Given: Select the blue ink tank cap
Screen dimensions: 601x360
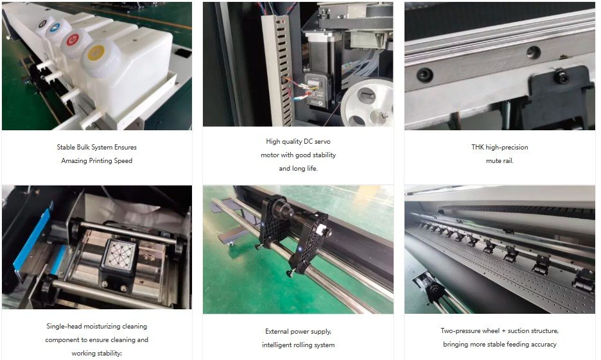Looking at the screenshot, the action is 56,28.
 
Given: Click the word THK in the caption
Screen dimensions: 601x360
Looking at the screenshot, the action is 478,147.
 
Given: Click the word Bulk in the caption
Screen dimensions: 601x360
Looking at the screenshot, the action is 83,147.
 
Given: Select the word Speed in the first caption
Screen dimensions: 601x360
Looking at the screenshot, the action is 123,161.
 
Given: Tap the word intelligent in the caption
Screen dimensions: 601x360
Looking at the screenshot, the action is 277,345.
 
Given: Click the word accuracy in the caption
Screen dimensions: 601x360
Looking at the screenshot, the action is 543,345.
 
